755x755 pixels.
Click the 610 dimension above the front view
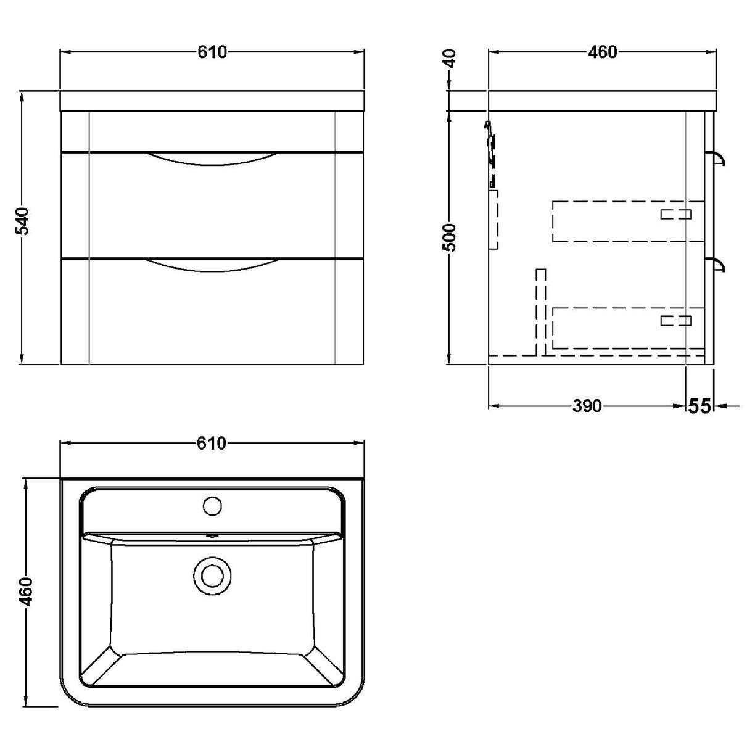click(212, 52)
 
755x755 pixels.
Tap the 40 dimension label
click(451, 60)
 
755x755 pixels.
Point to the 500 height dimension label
click(451, 236)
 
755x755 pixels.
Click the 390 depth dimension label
click(586, 406)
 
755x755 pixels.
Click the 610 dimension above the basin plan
click(212, 443)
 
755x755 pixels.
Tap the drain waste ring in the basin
click(212, 576)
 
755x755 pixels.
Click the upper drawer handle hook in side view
click(719, 159)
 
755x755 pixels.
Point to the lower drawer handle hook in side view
click(719, 265)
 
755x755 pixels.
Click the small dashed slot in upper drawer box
click(676, 214)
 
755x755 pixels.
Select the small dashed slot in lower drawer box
click(676, 320)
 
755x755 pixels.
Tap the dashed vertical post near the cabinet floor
click(541, 311)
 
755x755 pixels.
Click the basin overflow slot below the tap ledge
click(212, 535)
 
